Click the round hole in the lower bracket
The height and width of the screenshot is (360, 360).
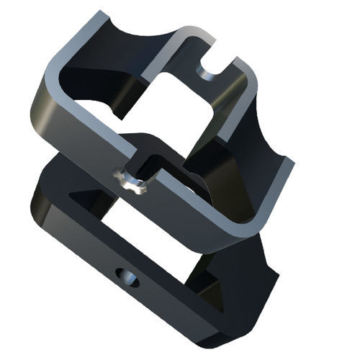129,276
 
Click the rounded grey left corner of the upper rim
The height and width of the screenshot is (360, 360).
50,76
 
